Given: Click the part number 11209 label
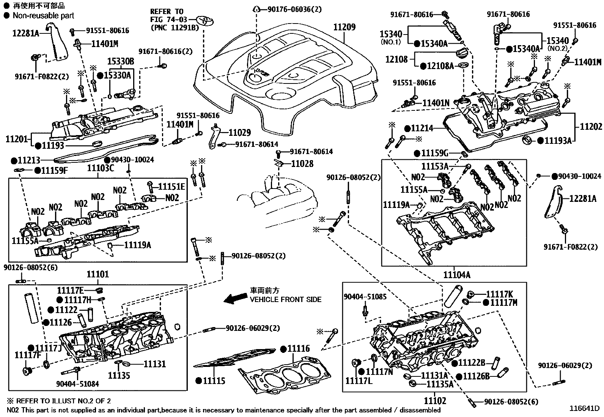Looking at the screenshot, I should pyautogui.click(x=344, y=27).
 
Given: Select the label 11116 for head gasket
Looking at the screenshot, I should pyautogui.click(x=298, y=349).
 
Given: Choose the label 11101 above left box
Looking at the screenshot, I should pyautogui.click(x=98, y=274).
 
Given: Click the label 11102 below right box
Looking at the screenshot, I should pyautogui.click(x=435, y=401).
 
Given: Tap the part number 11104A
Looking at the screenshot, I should pyautogui.click(x=456, y=275).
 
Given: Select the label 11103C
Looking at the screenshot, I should pyautogui.click(x=100, y=168).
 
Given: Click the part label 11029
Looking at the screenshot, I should pyautogui.click(x=239, y=132).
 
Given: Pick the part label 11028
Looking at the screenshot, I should pyautogui.click(x=302, y=164).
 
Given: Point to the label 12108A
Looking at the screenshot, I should pyautogui.click(x=440, y=66).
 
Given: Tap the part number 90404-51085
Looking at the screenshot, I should pyautogui.click(x=365, y=297).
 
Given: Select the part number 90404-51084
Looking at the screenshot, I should pyautogui.click(x=77, y=384).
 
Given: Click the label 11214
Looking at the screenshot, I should pyautogui.click(x=422, y=128).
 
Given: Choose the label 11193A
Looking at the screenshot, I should pyautogui.click(x=557, y=141).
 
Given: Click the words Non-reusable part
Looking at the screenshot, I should pyautogui.click(x=43, y=16).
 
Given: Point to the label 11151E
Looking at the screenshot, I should pyautogui.click(x=171, y=186).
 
